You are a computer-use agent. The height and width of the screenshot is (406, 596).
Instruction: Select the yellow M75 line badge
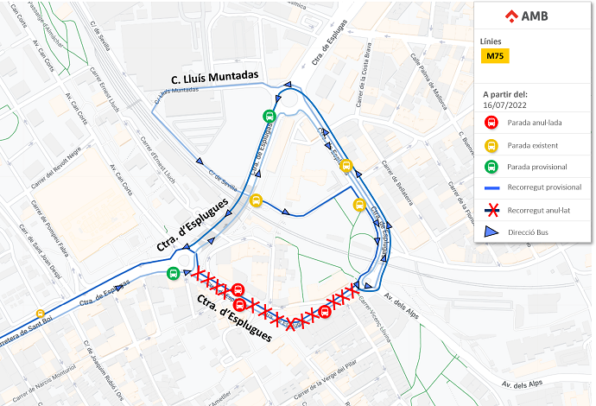coord(495,56)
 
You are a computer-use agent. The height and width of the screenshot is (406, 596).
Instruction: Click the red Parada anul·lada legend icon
coord(491,123)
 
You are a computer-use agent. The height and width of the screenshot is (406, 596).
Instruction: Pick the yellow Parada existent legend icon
coord(491,144)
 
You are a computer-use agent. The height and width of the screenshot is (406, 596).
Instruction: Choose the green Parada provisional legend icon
coord(491,166)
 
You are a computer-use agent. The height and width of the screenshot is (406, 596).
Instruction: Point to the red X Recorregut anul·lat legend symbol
coord(491,209)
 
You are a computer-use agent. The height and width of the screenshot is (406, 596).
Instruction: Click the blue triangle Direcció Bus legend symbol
coord(491,232)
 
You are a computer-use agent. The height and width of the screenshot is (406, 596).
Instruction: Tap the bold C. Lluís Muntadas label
coord(215,76)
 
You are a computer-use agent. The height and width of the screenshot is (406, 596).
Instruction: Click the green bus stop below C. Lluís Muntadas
coord(269,117)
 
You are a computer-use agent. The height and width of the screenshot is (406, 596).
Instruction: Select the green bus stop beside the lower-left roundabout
coord(174,273)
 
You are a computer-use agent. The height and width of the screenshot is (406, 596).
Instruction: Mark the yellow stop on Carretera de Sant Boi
coord(41,314)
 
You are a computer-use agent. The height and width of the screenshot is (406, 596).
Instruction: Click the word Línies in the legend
coord(490,41)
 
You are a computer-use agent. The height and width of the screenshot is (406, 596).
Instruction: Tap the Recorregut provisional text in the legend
coord(544,187)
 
